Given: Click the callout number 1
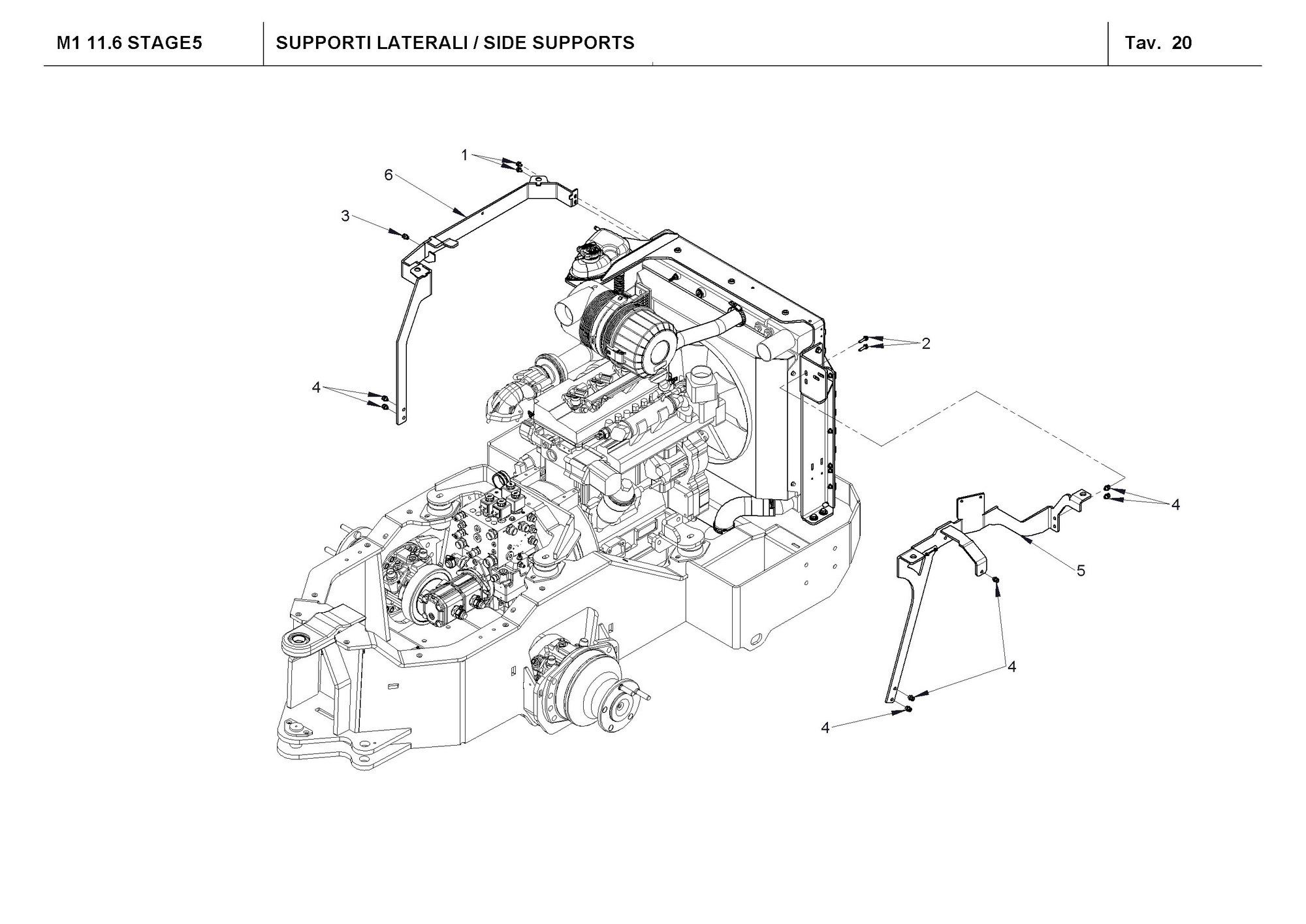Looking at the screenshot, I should [464, 156].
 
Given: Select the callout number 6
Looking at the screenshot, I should [389, 175].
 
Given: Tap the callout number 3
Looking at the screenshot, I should [345, 216].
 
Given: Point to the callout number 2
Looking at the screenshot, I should [925, 343].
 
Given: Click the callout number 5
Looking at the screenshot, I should [1081, 570].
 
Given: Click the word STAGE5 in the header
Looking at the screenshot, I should [165, 43].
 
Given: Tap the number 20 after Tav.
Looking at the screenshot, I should [1182, 43].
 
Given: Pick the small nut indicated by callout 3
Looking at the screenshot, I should [405, 235].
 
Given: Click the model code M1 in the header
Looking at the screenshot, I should [67, 43].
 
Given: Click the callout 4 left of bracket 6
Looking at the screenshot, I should [316, 388].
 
